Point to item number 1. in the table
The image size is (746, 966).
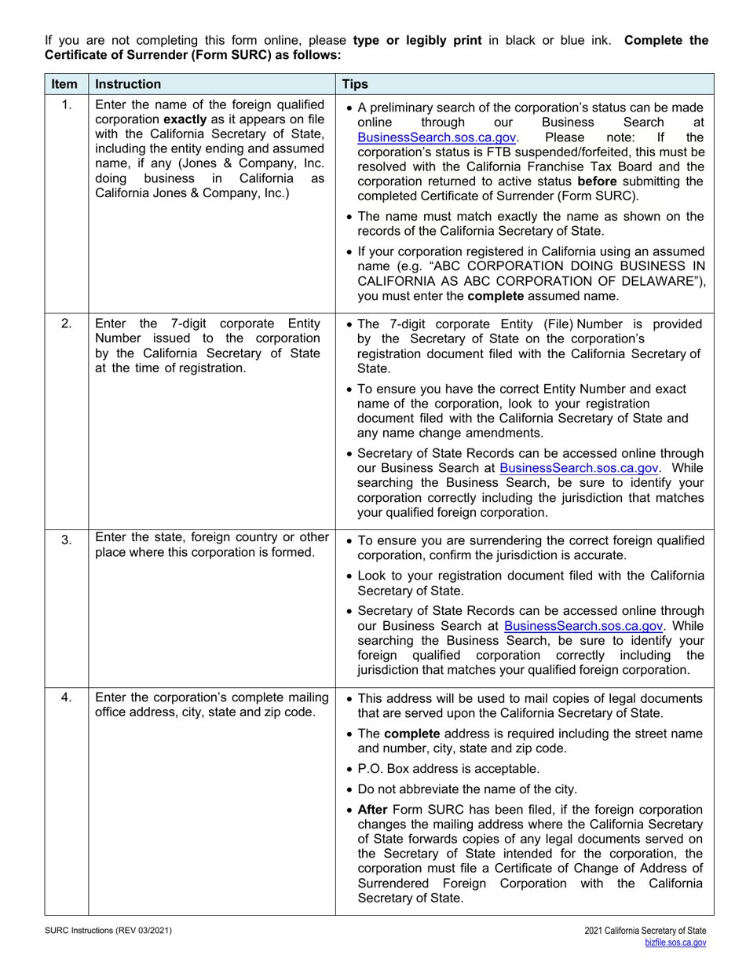coord(67,105)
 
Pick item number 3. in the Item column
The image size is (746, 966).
coord(67,540)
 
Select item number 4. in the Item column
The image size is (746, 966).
coord(67,697)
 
